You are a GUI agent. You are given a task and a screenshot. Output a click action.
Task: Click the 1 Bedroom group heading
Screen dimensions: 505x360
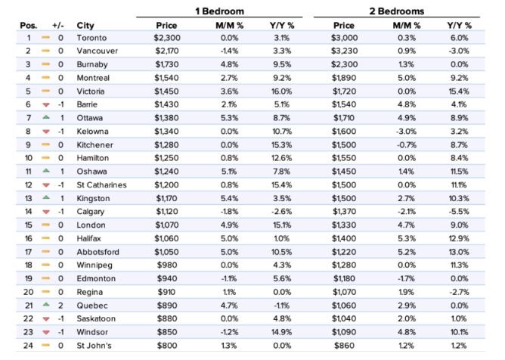(x=219, y=11)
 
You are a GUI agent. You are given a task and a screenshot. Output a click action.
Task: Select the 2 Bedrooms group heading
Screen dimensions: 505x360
(x=396, y=11)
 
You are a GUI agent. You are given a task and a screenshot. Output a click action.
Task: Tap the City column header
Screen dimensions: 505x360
(x=85, y=26)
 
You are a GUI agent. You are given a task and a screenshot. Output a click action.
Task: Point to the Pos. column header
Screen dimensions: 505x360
(x=28, y=26)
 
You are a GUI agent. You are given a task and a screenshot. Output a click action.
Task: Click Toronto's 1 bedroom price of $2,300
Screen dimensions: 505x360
(x=167, y=38)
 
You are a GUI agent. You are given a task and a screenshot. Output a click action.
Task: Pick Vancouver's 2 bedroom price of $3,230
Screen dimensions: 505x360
(x=344, y=51)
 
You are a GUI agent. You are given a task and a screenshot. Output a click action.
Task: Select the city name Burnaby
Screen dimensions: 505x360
(x=92, y=64)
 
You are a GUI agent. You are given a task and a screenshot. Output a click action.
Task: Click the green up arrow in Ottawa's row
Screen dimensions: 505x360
(x=46, y=118)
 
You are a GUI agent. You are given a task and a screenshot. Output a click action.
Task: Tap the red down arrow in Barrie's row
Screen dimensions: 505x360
(x=46, y=104)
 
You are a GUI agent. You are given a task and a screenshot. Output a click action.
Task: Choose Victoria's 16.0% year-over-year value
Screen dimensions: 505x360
(x=281, y=92)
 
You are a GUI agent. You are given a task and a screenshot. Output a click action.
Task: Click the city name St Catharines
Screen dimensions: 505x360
(x=101, y=185)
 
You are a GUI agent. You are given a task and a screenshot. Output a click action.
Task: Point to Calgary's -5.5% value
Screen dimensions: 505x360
(x=459, y=212)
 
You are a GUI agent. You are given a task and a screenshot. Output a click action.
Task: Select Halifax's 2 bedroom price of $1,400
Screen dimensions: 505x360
(x=344, y=238)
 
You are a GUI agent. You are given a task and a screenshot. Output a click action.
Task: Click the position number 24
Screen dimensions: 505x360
(x=28, y=346)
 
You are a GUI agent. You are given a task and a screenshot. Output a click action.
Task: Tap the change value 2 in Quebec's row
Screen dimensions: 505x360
(x=60, y=306)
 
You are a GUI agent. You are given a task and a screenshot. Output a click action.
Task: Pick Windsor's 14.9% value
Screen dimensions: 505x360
(x=282, y=332)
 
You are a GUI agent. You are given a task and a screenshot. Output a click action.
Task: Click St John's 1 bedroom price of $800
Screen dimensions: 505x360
(x=167, y=346)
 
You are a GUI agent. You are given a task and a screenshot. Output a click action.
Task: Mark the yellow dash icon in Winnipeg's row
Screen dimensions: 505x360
(x=46, y=265)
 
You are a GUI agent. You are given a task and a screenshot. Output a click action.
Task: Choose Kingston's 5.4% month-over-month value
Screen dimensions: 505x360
(x=229, y=198)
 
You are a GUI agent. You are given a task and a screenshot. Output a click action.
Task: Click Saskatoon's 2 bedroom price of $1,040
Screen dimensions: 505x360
(x=344, y=318)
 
